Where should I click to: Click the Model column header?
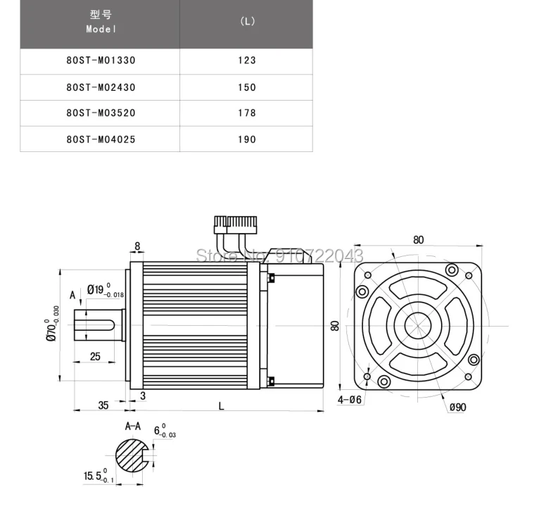101,22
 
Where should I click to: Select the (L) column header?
247,21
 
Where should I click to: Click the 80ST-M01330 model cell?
101,61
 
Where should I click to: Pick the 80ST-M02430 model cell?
101,87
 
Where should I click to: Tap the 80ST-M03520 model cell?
101,113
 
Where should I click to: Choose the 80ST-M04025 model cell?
101,139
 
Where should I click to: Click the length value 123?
247,61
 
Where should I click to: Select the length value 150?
247,87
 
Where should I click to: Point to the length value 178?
247,113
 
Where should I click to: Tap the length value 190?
247,139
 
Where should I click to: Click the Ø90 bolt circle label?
459,407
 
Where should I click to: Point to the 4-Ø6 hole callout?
350,400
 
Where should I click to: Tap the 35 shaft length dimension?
103,405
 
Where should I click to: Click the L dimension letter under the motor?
222,405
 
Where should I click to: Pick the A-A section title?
133,426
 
